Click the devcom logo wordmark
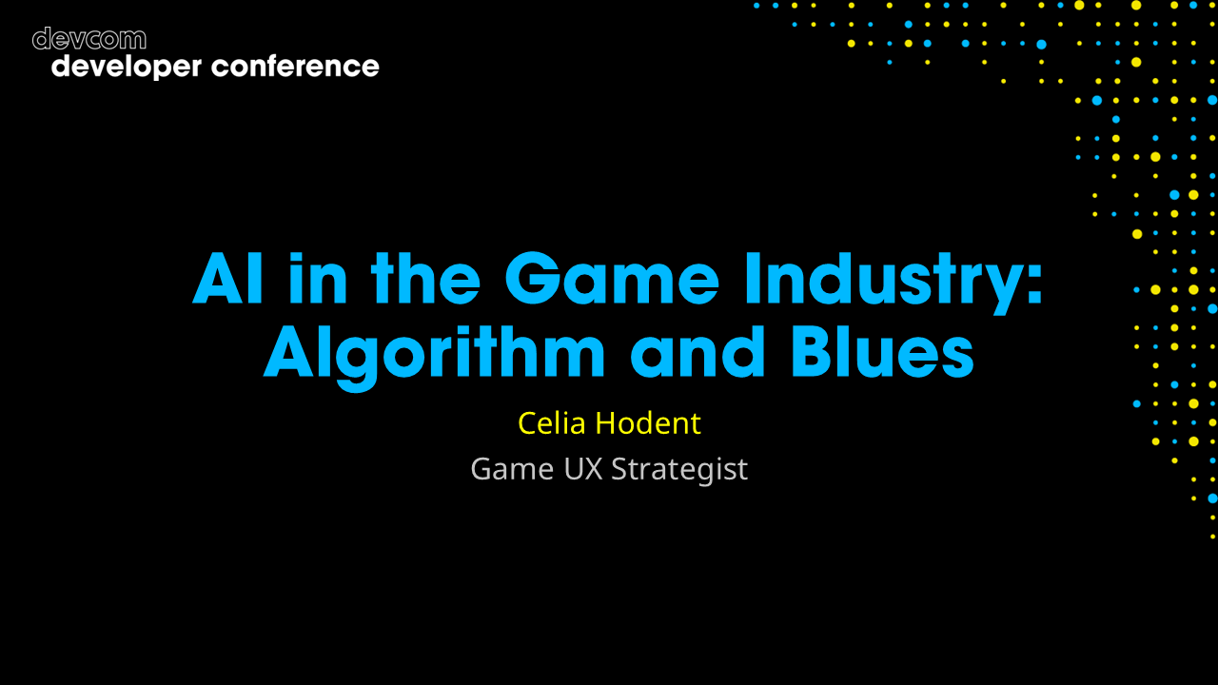[89, 39]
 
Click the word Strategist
[679, 470]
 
